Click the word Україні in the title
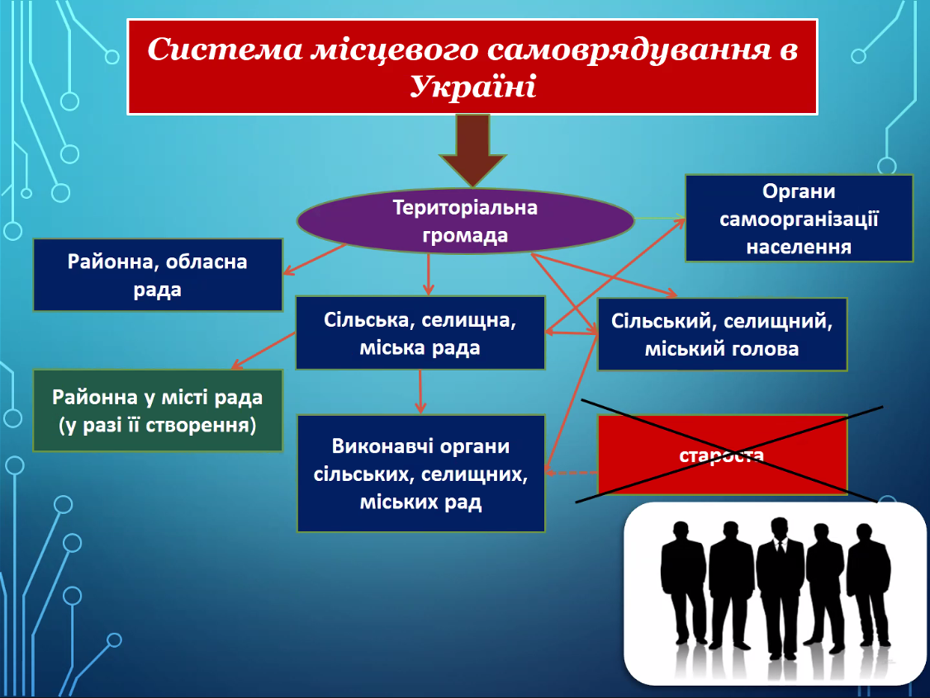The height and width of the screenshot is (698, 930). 472,87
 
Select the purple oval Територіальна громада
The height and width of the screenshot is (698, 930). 466,221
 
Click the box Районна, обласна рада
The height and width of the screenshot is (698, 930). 158,275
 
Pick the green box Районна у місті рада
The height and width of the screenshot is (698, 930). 158,411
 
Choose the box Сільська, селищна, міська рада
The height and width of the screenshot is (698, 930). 420,333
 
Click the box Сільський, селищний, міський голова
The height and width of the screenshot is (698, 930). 722,334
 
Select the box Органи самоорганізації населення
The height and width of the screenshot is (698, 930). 799,218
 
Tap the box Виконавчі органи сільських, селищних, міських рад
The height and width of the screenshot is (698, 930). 420,474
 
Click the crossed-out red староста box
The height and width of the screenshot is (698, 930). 722,455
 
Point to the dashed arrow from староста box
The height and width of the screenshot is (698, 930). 572,473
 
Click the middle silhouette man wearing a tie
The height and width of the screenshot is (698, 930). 780,587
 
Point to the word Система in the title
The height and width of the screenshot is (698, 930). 225,49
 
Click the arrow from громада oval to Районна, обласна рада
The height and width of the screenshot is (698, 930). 315,259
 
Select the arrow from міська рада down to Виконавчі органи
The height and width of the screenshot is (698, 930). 420,392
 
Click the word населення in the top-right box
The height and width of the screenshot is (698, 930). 799,247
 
